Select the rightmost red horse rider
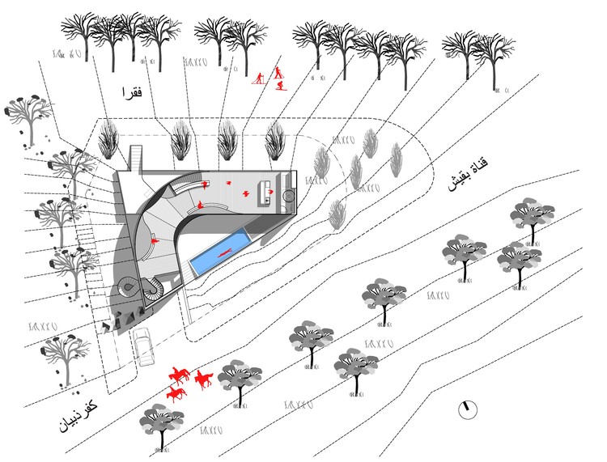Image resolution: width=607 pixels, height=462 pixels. coord(202,379)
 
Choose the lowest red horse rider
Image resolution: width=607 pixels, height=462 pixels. coord(175,393)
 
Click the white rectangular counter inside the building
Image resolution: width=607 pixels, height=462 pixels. coord(263,192)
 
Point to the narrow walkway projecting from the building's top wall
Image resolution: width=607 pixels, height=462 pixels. coord(136,158)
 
